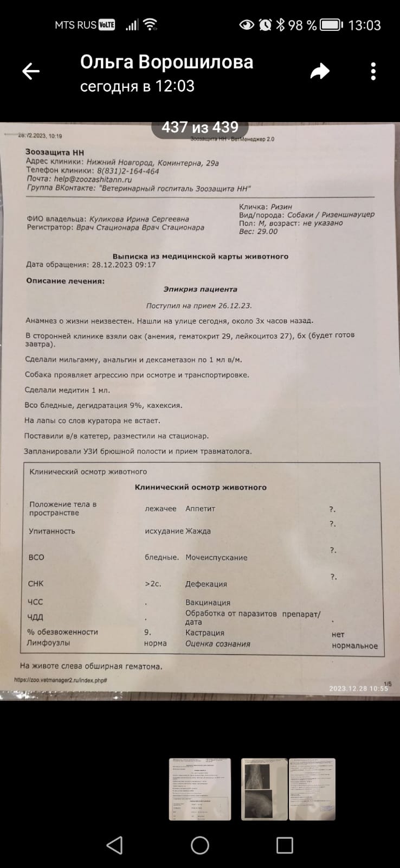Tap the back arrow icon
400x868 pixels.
[x=31, y=71]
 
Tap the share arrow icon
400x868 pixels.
[x=320, y=71]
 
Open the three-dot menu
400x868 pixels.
[x=373, y=71]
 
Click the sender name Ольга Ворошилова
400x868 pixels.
[x=166, y=62]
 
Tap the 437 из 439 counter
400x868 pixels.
[x=200, y=127]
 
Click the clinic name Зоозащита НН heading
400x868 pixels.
[x=55, y=152]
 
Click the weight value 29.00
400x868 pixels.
[x=266, y=231]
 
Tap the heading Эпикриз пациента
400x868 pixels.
[x=200, y=289]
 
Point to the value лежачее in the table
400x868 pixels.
[x=160, y=508]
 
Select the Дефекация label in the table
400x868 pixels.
[x=206, y=584]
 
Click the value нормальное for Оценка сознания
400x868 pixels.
[x=354, y=646]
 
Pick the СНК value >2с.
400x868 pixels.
[x=153, y=584]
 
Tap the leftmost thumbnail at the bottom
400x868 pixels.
[x=200, y=789]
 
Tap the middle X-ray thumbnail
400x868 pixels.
[x=264, y=789]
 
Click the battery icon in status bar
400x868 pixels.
[x=330, y=25]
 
